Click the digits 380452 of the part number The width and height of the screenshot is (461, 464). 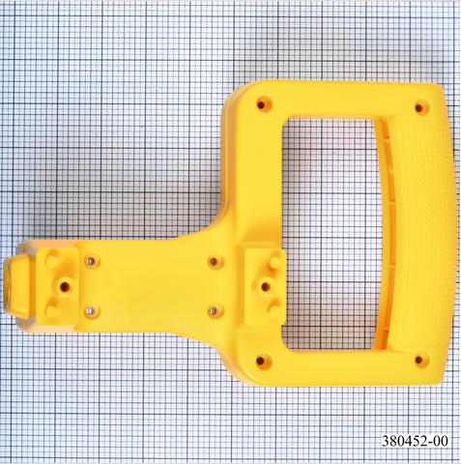click(405, 441)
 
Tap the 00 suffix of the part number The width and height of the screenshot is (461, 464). click(441, 441)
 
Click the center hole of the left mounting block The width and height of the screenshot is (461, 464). click(64, 285)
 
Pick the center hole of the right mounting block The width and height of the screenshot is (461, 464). click(266, 286)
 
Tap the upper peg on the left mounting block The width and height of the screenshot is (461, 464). click(50, 261)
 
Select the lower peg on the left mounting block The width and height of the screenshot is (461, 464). click(51, 310)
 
